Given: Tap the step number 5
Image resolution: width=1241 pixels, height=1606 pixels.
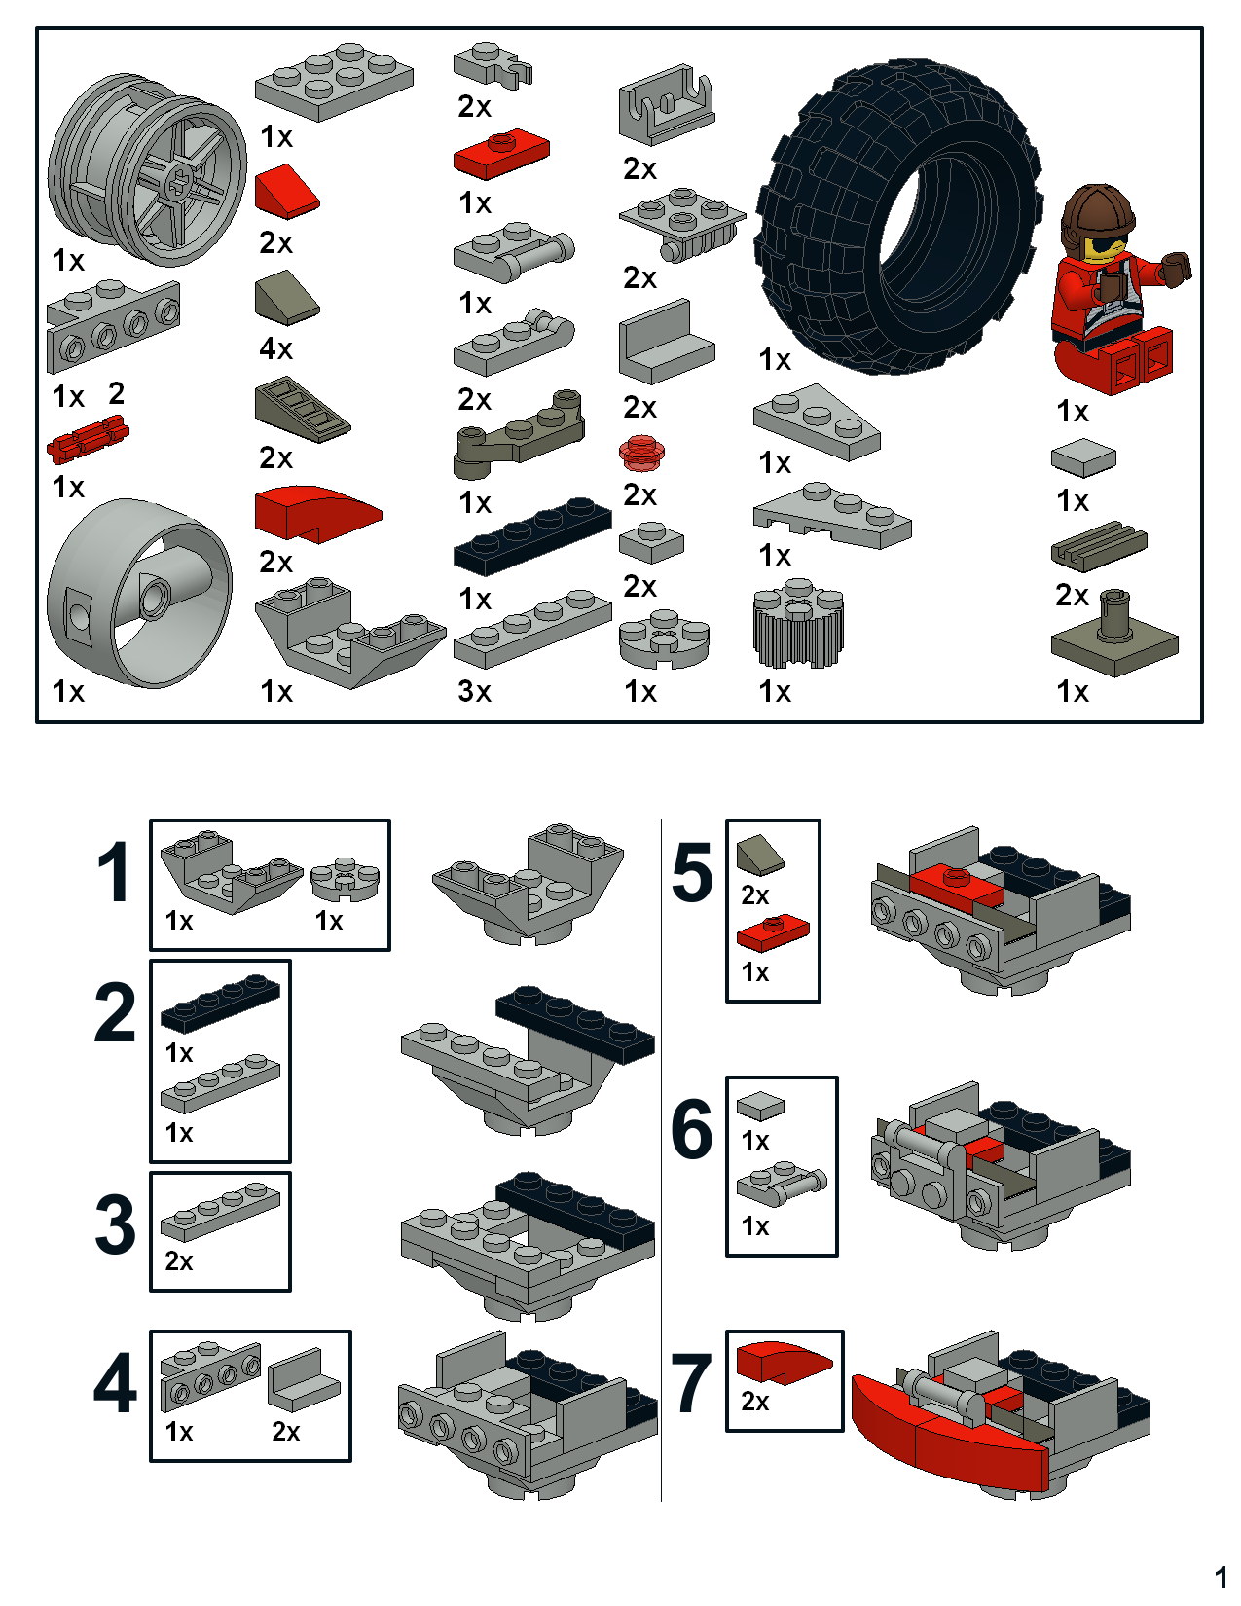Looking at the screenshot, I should click(x=693, y=873).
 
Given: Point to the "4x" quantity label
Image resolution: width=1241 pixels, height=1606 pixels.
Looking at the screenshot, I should click(x=276, y=348).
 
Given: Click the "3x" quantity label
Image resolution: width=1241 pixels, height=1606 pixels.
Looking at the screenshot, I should click(x=474, y=691).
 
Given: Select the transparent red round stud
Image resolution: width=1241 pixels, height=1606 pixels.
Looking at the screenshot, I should click(x=641, y=451).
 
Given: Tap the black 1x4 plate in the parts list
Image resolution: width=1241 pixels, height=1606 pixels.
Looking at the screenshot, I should click(x=532, y=535).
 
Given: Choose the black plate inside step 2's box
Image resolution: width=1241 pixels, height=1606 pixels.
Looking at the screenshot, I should click(x=220, y=1003).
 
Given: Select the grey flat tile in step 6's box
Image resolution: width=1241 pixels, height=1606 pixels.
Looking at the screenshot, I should click(x=760, y=1106).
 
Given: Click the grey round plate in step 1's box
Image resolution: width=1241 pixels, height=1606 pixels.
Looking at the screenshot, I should click(x=345, y=879).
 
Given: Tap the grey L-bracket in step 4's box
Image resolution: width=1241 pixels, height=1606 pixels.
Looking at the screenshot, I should click(x=304, y=1380).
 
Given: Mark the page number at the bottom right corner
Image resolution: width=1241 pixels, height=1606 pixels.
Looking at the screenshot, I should click(x=1221, y=1577).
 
